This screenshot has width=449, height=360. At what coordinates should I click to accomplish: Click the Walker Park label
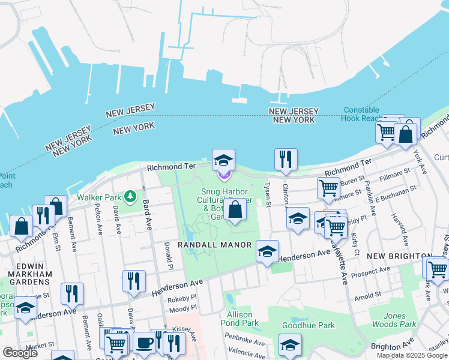[100, 197]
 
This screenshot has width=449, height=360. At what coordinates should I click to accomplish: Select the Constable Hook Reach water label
[361, 114]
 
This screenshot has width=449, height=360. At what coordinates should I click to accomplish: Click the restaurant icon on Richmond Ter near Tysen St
[286, 159]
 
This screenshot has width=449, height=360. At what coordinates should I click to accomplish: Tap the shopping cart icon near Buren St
[328, 188]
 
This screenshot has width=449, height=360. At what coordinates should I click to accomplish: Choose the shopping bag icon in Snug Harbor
[236, 209]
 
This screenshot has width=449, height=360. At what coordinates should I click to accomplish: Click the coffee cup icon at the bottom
[143, 343]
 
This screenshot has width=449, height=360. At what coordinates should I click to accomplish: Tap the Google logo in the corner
[20, 353]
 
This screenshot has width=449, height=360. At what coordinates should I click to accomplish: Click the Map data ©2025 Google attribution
[412, 355]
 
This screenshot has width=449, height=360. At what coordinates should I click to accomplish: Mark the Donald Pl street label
[169, 256]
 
